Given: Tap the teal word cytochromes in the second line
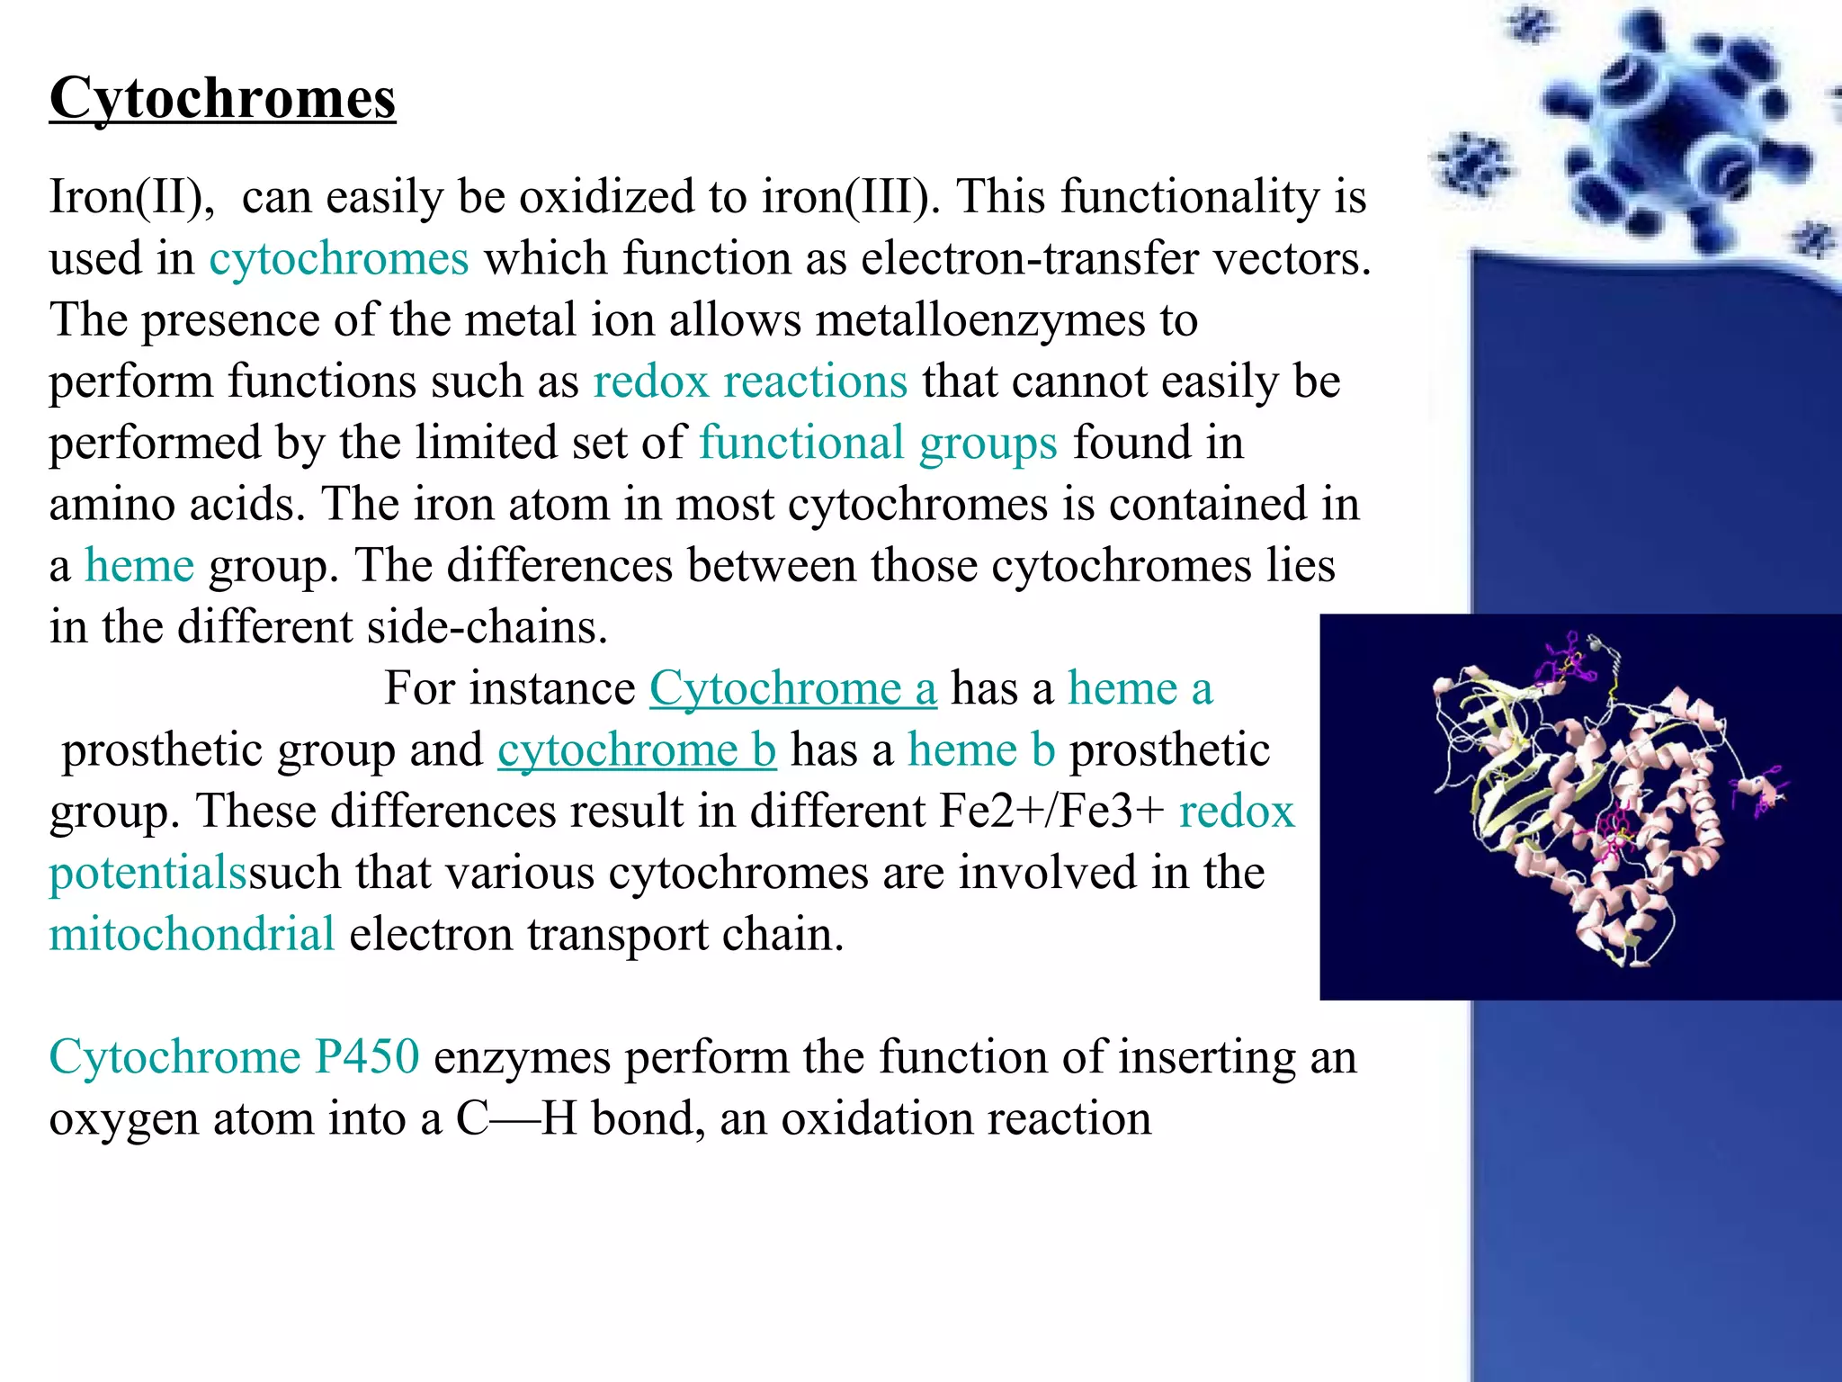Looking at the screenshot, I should pyautogui.click(x=339, y=258).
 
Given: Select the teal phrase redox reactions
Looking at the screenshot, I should pyautogui.click(x=750, y=381).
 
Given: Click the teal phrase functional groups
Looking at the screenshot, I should pyautogui.click(x=878, y=443).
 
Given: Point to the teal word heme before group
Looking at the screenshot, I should pyautogui.click(x=139, y=566).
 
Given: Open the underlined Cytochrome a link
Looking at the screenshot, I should pyautogui.click(x=792, y=689).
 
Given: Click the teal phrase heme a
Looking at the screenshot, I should pyautogui.click(x=1140, y=689).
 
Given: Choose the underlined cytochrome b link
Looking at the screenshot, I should pyautogui.click(x=636, y=750).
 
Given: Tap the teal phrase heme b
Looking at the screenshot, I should pyautogui.click(x=981, y=750).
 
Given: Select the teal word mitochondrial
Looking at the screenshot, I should pyautogui.click(x=192, y=934).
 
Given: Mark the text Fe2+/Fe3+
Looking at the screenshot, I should pyautogui.click(x=1051, y=812).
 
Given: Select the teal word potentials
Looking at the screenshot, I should pyautogui.click(x=148, y=874).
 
